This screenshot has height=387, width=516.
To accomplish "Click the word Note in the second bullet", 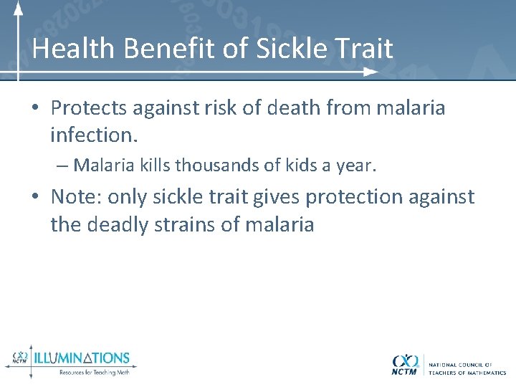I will point(76,197).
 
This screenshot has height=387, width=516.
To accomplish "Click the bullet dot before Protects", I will point(35,109).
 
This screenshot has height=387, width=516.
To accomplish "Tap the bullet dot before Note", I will point(35,198).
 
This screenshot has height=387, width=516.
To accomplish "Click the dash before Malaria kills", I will point(62,166).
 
